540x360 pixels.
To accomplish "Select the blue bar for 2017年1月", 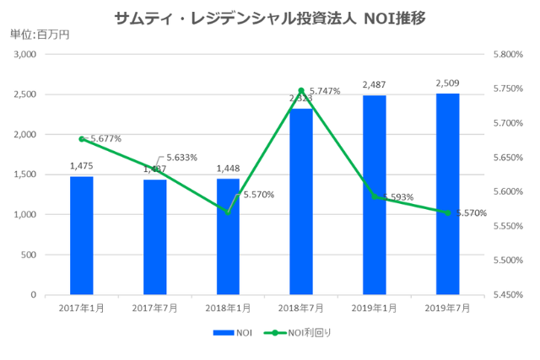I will click(82, 235).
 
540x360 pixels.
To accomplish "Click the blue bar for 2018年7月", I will click(301, 201).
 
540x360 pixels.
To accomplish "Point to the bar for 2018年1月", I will click(228, 237).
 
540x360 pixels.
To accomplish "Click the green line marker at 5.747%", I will click(301, 90).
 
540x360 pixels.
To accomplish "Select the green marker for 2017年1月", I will click(82, 138).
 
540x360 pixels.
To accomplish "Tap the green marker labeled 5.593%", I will click(375, 196).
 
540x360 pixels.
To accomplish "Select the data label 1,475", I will click(82, 166).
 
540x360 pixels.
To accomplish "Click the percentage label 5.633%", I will click(181, 158).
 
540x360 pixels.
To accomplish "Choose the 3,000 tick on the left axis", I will click(24, 54).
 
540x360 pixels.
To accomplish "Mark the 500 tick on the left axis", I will click(28, 255).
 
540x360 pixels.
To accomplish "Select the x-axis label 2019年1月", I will click(375, 309).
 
